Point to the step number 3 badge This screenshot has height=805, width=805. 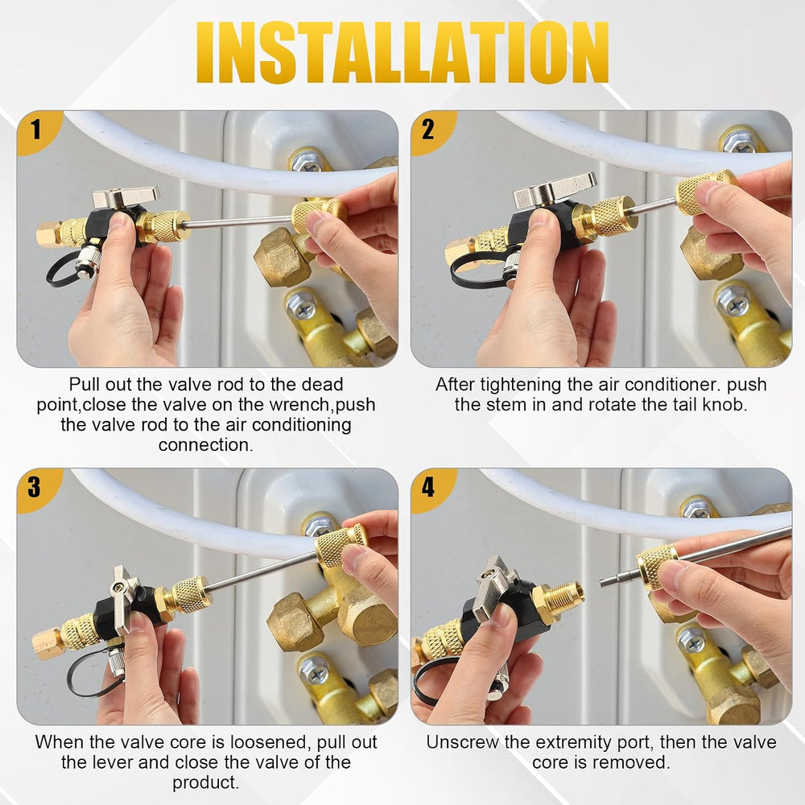click(x=35, y=487)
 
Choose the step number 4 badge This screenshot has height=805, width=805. click(x=428, y=487)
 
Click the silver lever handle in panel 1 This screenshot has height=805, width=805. click(x=126, y=196)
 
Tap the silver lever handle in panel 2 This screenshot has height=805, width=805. click(x=555, y=188)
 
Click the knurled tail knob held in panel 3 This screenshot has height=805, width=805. click(x=341, y=544)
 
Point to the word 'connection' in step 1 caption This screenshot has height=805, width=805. click(x=204, y=444)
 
